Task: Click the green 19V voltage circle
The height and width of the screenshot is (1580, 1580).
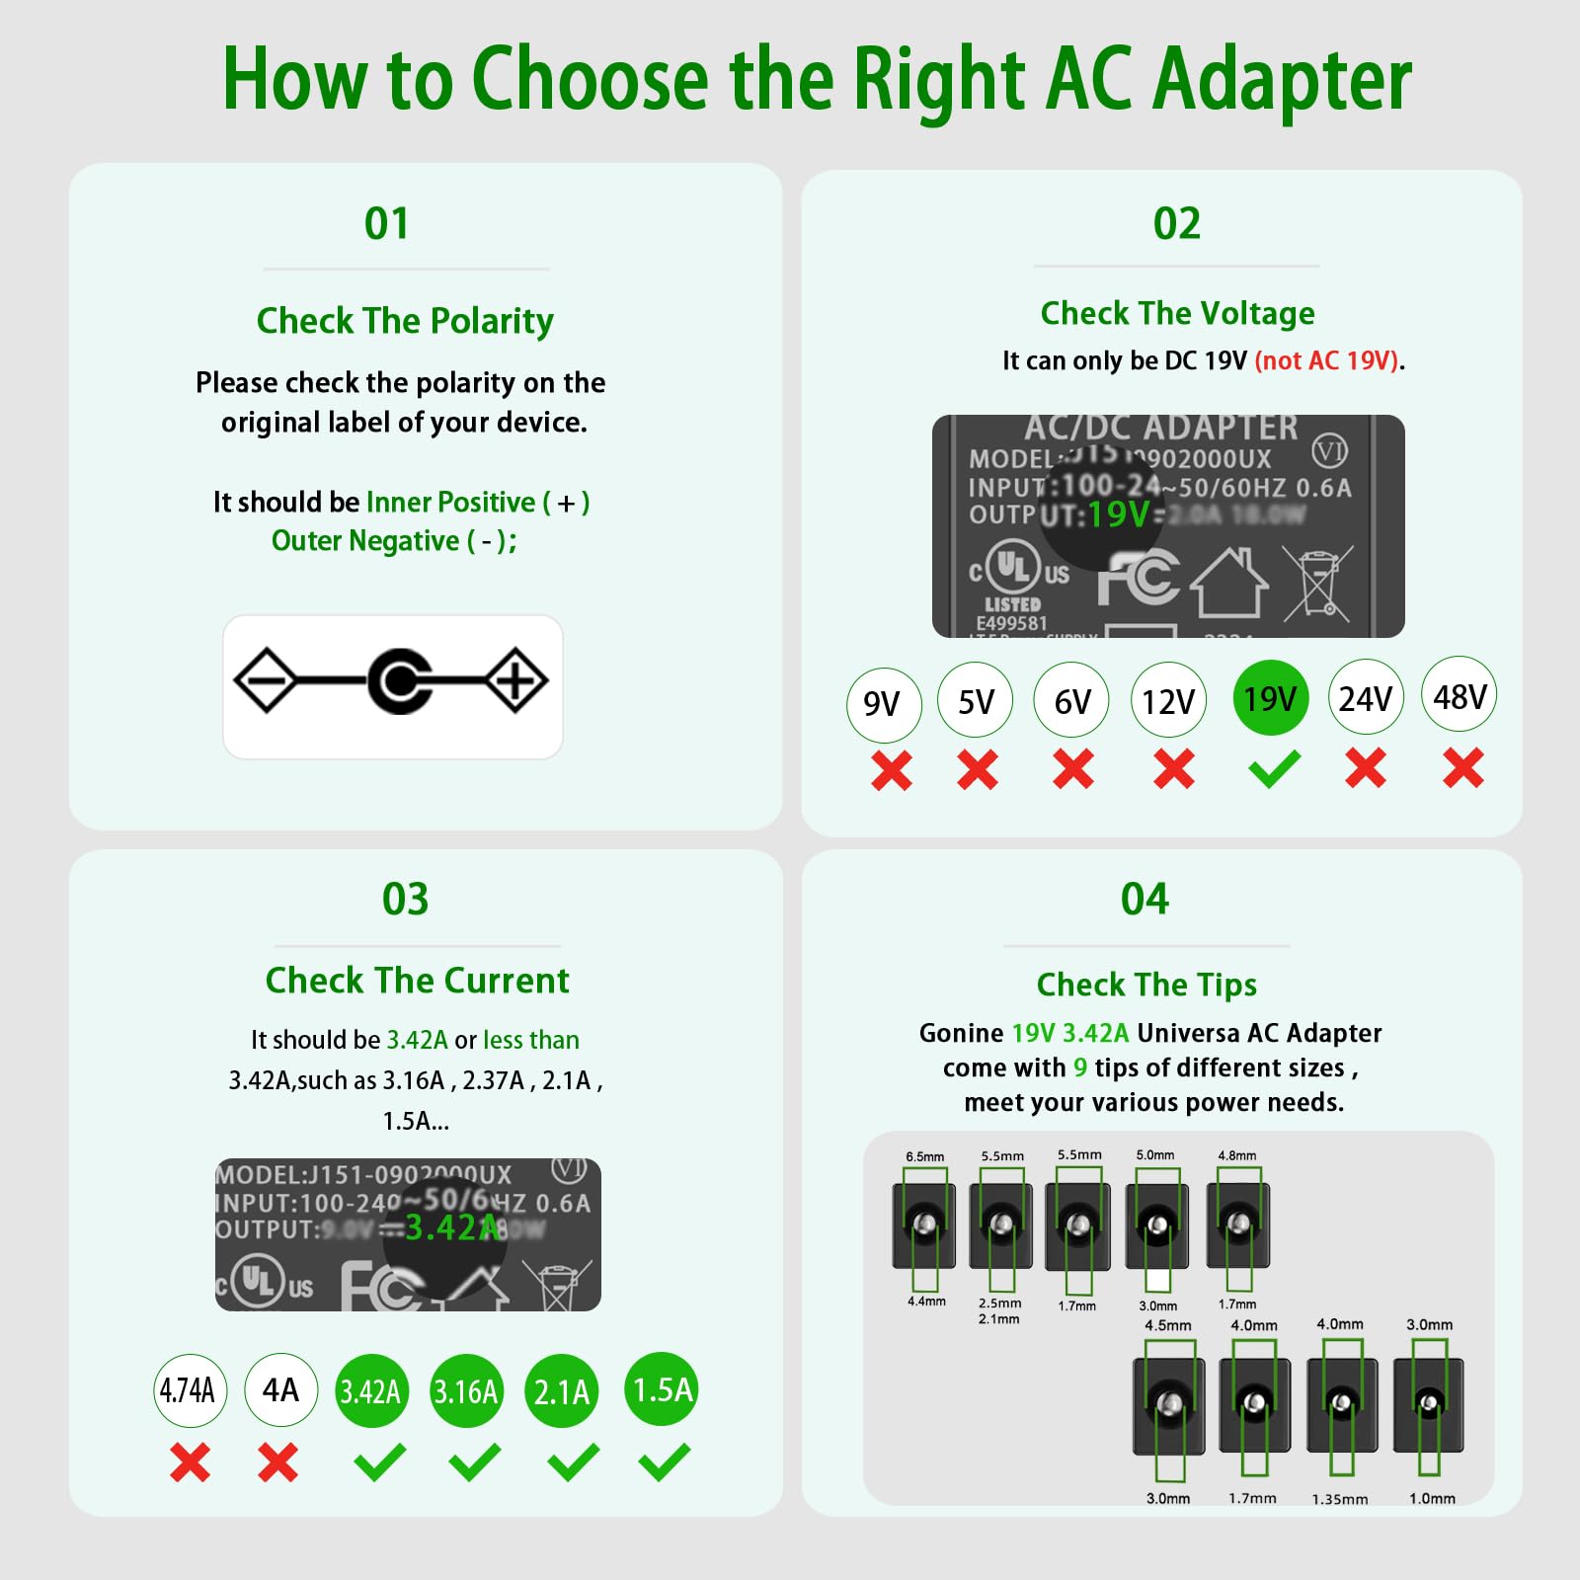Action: (x=1270, y=698)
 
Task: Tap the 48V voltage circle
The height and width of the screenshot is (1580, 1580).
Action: (x=1460, y=696)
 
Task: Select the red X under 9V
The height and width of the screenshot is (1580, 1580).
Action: (x=892, y=770)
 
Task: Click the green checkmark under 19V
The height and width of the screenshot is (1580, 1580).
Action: (x=1274, y=769)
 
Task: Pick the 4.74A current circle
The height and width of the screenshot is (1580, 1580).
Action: (x=189, y=1390)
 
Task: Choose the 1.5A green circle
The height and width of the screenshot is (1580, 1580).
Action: (x=662, y=1389)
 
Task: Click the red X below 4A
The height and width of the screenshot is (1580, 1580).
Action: (x=278, y=1462)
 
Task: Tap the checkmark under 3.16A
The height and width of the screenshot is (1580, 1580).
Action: (x=474, y=1462)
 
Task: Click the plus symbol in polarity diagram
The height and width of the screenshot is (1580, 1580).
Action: (x=515, y=680)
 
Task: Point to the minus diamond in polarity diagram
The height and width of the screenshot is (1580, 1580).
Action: (x=265, y=680)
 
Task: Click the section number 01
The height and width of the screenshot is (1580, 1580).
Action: (x=386, y=223)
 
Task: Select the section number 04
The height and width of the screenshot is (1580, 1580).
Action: (x=1145, y=899)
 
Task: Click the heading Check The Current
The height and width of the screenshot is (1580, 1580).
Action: (x=417, y=981)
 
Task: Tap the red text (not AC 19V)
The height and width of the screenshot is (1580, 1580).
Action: (x=1326, y=360)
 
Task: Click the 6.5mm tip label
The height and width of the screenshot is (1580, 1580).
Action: (x=925, y=1156)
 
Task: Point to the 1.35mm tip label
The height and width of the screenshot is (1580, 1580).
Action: (x=1339, y=1499)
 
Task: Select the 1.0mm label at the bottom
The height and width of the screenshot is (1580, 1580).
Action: (x=1432, y=1498)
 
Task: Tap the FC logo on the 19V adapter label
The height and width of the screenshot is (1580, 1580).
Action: (x=1138, y=578)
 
